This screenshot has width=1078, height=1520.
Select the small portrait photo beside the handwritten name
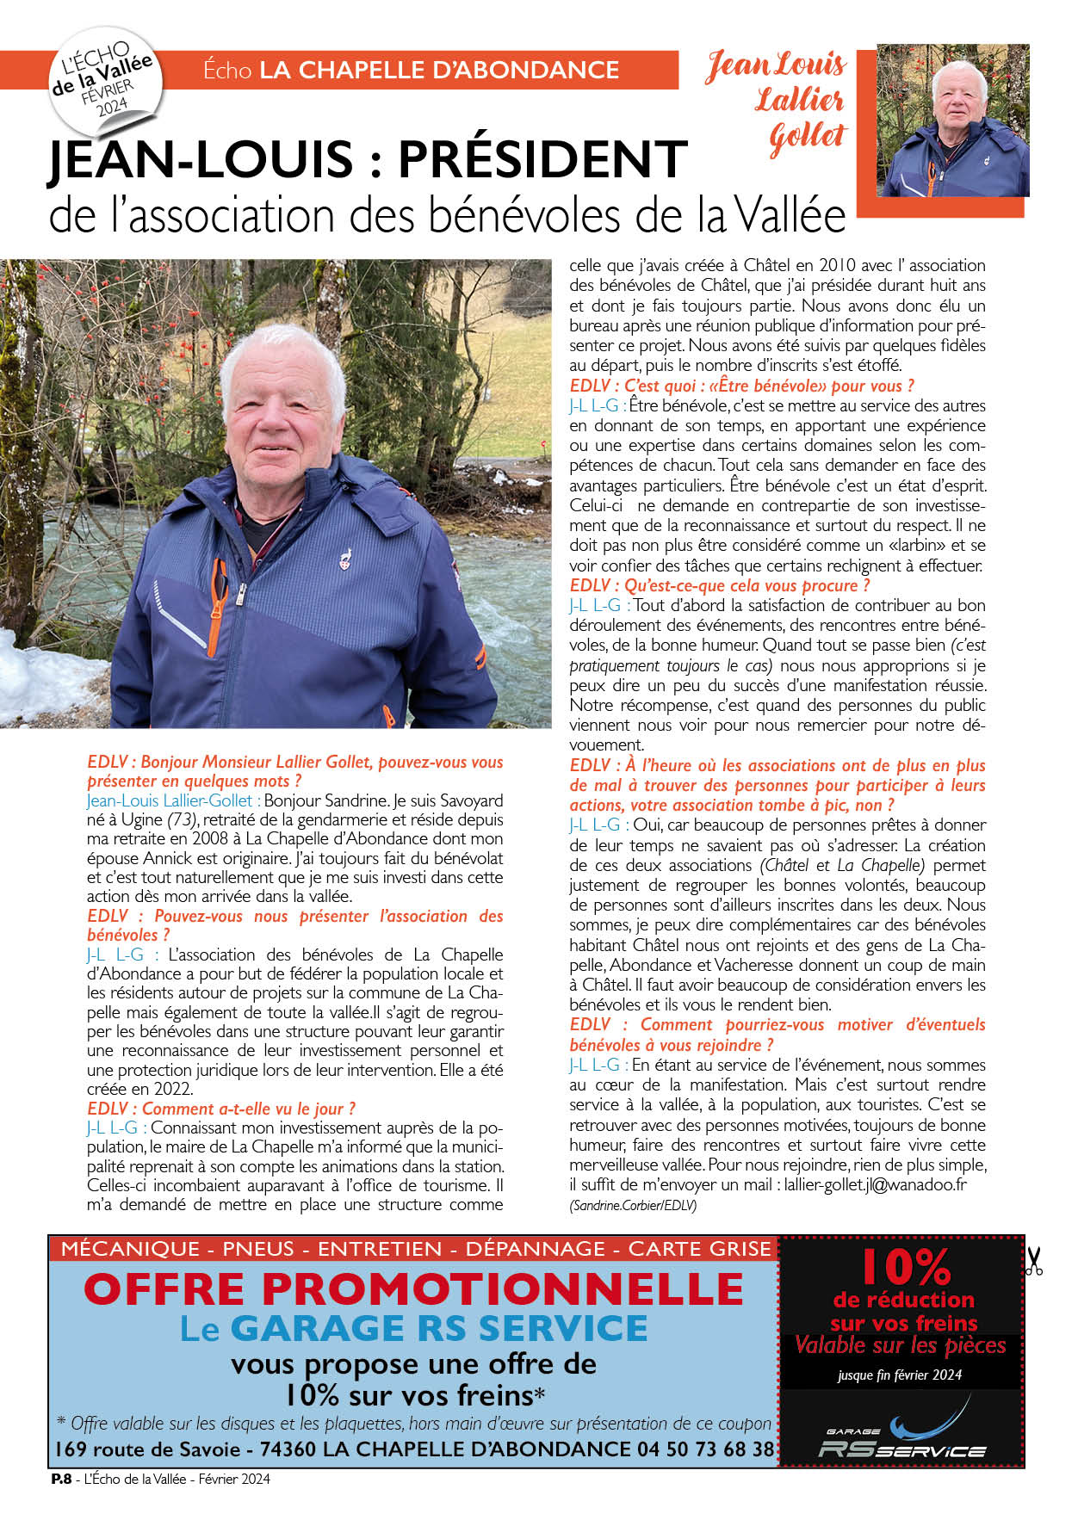click(953, 120)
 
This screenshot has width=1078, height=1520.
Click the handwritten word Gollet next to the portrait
click(807, 138)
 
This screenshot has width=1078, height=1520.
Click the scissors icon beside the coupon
click(1033, 1261)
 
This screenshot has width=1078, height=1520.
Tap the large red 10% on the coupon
click(905, 1267)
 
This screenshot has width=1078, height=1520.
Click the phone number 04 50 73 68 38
click(705, 1449)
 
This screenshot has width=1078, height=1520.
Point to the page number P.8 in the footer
click(60, 1480)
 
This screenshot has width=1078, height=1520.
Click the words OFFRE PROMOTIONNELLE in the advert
click(413, 1289)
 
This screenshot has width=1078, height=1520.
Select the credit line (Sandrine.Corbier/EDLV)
click(633, 1205)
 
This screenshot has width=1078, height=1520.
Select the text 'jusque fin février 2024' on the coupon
click(900, 1375)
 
